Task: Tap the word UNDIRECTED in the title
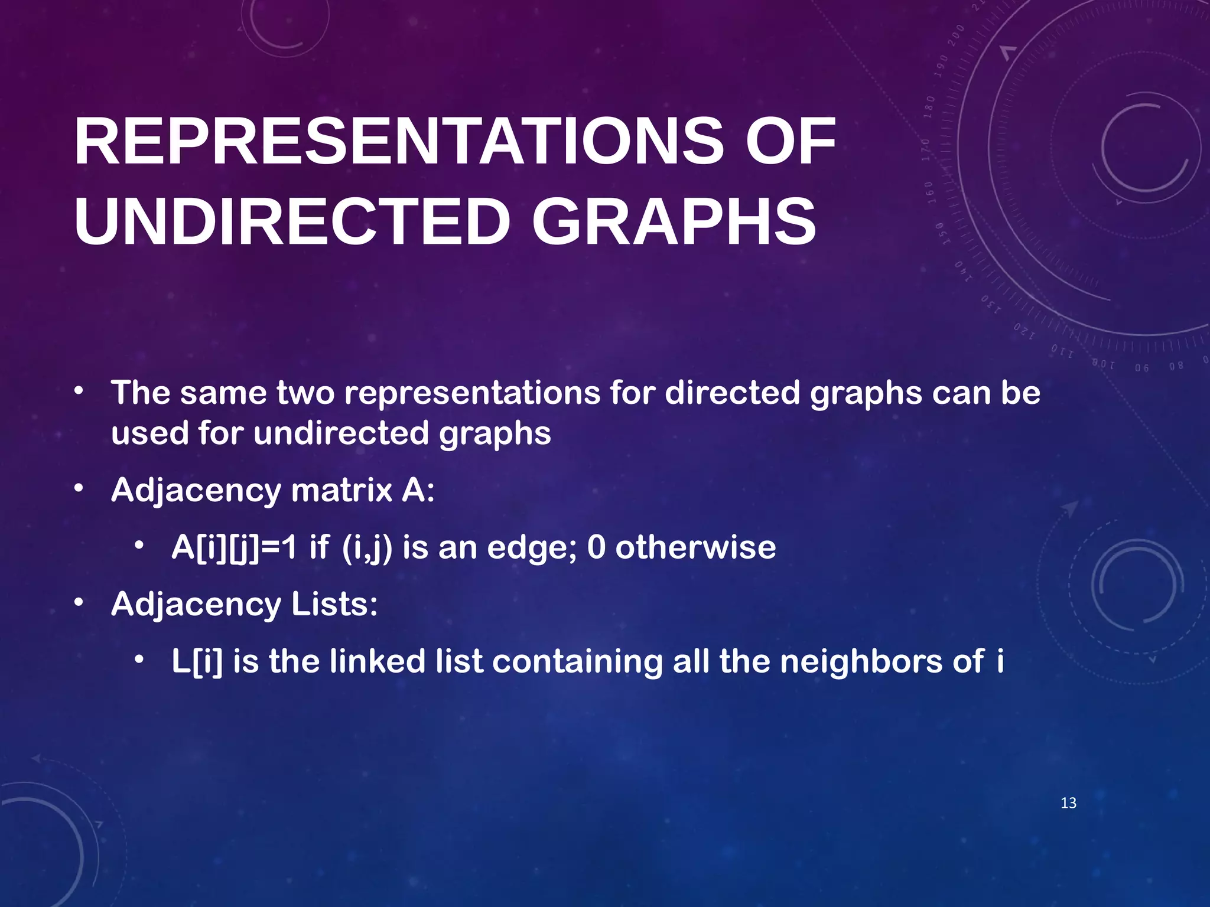(292, 222)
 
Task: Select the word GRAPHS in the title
(674, 222)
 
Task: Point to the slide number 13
(1068, 803)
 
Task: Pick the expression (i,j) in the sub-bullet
(367, 547)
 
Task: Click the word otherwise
(695, 547)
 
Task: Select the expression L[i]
(197, 661)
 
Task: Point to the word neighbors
(861, 661)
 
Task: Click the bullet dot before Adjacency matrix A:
(79, 489)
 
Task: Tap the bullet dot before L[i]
(139, 660)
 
